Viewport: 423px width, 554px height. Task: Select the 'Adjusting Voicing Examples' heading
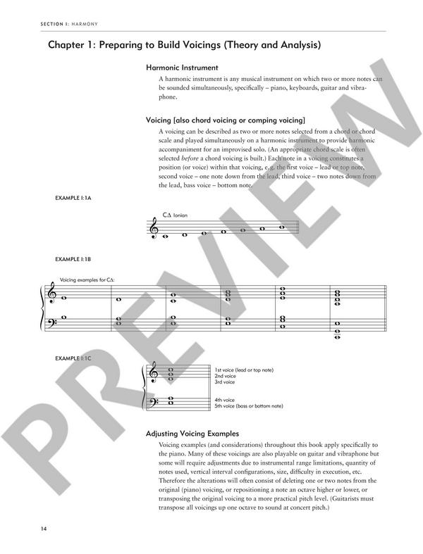[x=192, y=434]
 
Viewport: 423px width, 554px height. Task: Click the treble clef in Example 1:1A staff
[x=153, y=229]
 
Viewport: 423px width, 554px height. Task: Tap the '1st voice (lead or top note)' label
[x=244, y=370]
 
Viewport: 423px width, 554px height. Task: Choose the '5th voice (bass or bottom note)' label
[x=248, y=406]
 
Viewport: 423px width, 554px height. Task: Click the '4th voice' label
[x=225, y=400]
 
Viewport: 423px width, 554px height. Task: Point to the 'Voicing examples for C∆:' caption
[x=88, y=280]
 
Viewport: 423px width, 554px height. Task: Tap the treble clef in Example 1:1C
[x=153, y=377]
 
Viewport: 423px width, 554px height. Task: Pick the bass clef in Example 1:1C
[x=153, y=403]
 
